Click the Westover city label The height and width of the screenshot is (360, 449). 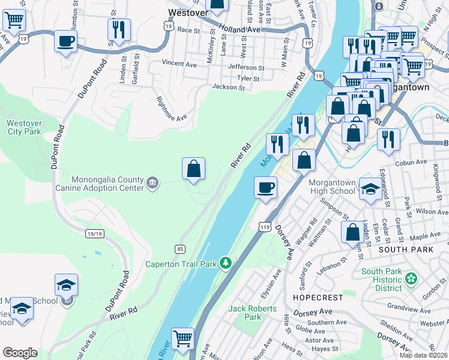point(188,11)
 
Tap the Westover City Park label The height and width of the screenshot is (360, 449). point(24,127)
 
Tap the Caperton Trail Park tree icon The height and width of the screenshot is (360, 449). point(226,263)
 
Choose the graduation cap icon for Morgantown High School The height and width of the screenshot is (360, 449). point(370,189)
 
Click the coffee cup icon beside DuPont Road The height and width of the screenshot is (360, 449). point(65,41)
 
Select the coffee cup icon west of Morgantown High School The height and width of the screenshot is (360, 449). point(265,188)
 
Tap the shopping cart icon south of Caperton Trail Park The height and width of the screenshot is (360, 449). point(182,338)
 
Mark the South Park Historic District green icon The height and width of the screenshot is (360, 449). point(411,278)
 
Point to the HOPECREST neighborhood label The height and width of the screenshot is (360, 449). point(318,298)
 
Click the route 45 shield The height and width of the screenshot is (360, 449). point(179,248)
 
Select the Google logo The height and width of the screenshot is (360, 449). point(20,353)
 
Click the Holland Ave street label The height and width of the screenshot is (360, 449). point(240,29)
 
